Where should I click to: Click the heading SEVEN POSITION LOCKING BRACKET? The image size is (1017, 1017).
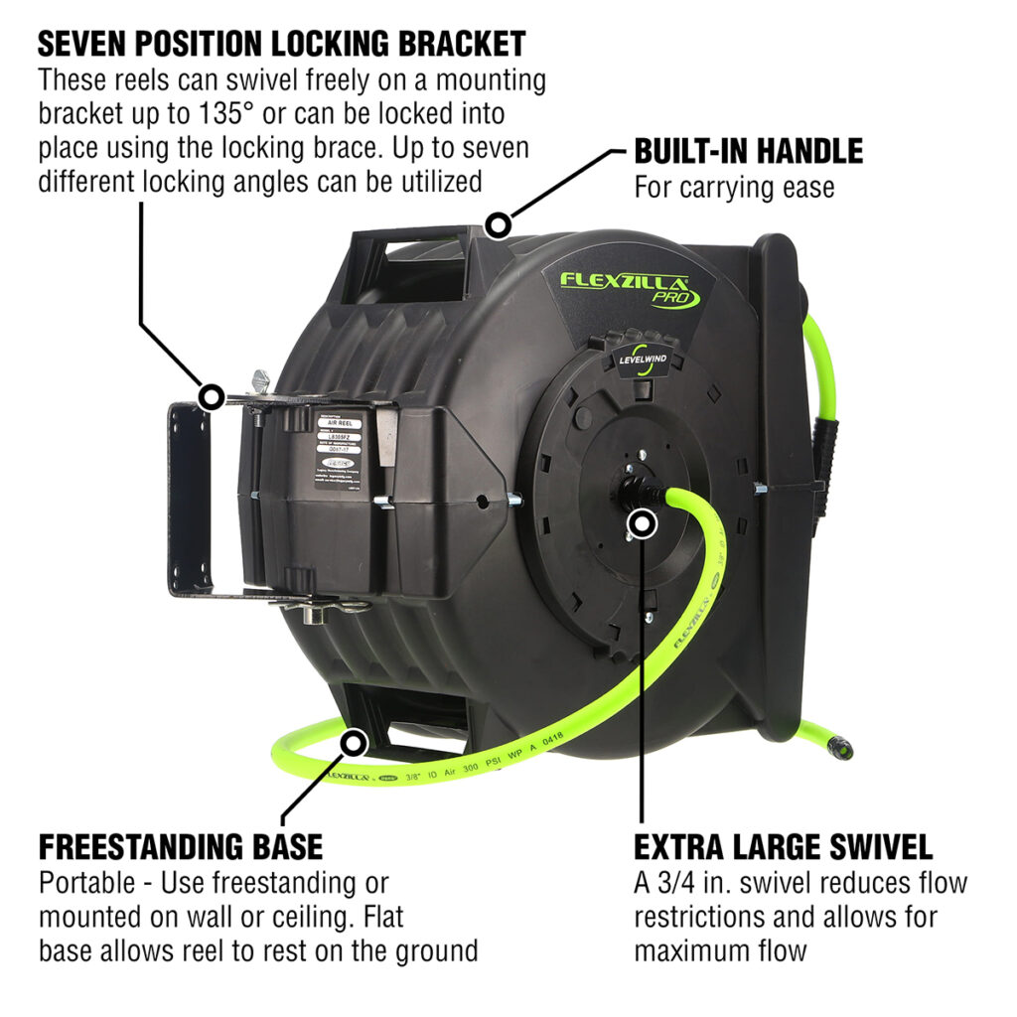(x=281, y=44)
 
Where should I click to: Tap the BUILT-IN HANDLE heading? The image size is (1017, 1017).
(x=748, y=151)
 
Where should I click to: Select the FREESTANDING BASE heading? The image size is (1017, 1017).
(x=181, y=846)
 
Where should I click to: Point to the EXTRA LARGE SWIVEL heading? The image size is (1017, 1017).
(x=783, y=846)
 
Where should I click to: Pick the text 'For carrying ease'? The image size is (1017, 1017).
(x=734, y=187)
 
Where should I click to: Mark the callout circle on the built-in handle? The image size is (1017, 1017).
(x=498, y=224)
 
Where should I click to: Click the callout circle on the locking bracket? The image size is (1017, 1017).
(x=210, y=398)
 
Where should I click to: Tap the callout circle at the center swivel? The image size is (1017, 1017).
(x=643, y=523)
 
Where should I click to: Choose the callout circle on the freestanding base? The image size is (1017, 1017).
(x=354, y=740)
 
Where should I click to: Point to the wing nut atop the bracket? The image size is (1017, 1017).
(x=260, y=380)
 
